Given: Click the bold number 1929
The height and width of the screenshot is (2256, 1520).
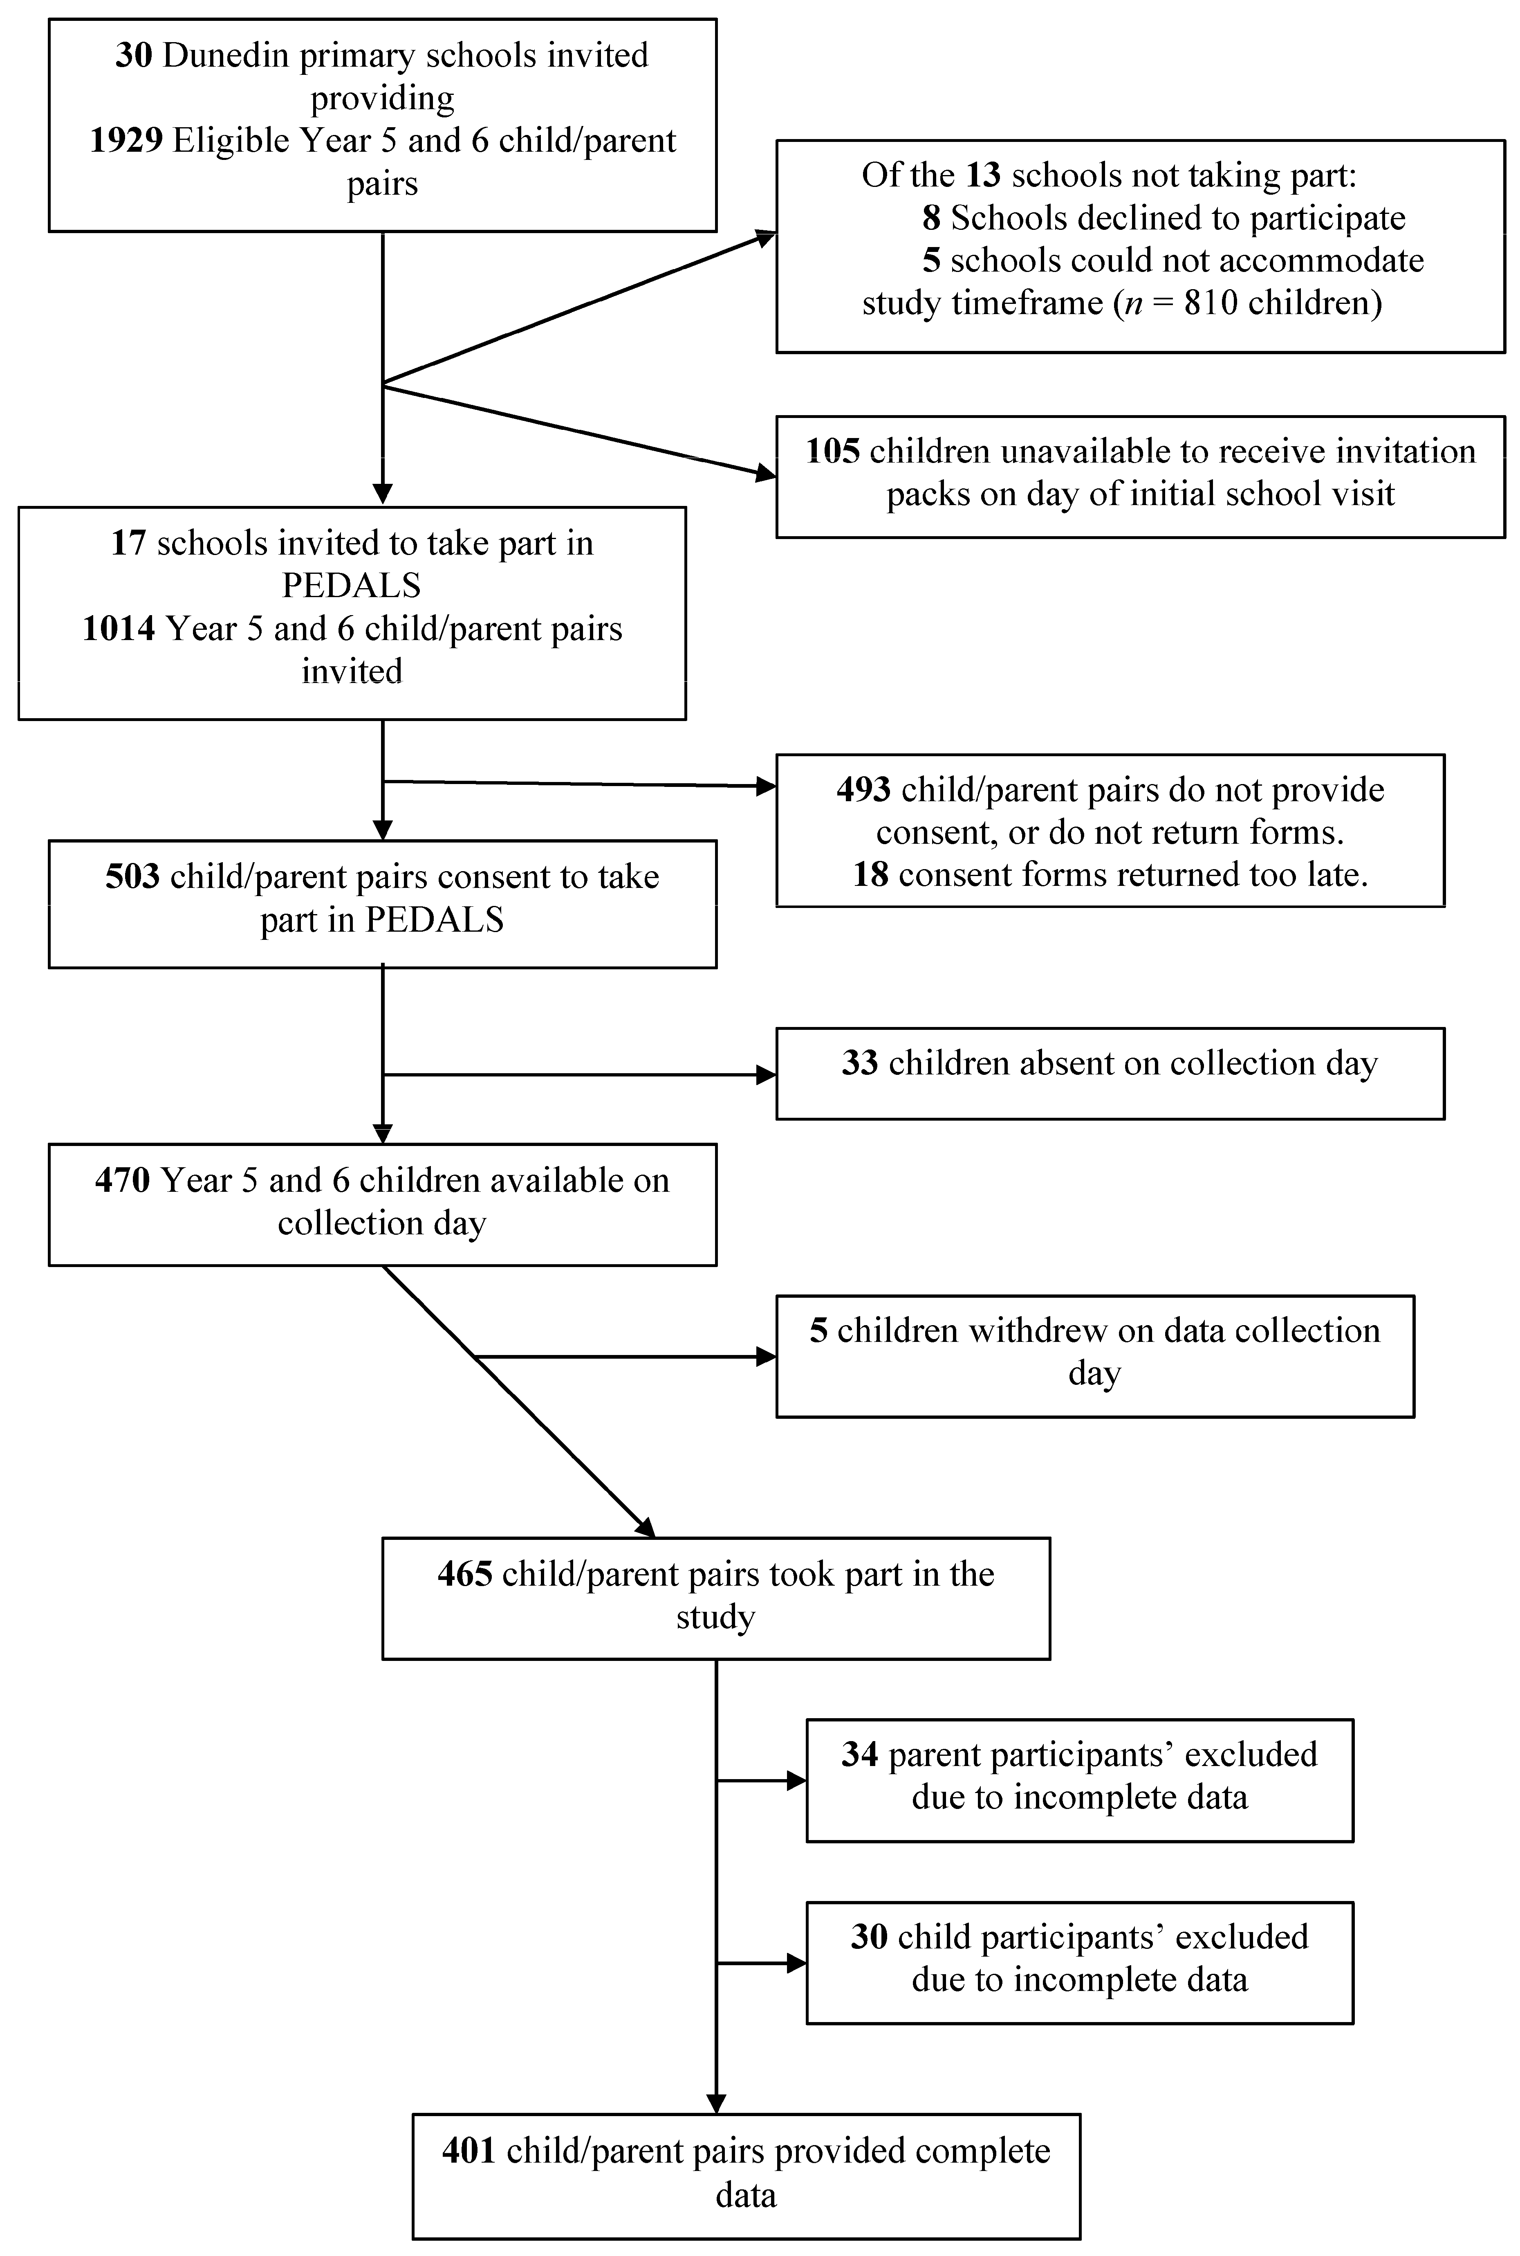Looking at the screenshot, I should [x=126, y=141].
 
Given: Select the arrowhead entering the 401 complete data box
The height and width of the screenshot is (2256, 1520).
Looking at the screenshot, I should [x=716, y=2104].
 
